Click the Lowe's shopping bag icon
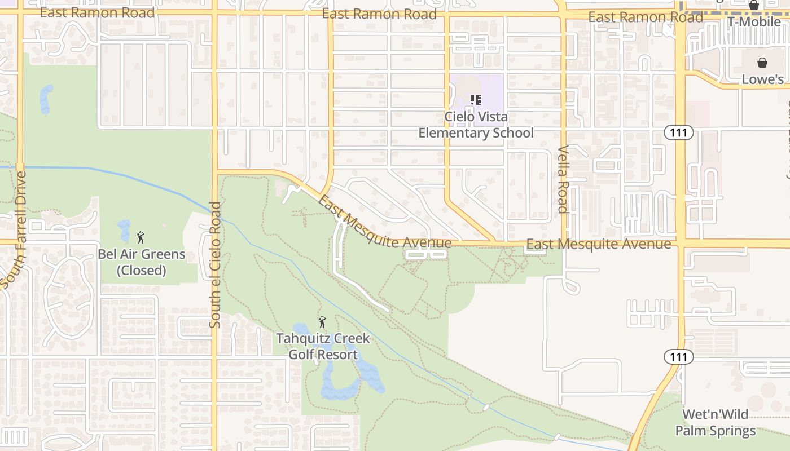(762, 63)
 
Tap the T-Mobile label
(754, 22)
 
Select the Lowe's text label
(762, 79)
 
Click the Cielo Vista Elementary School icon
(476, 100)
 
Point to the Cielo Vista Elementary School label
(476, 125)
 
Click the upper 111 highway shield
(678, 132)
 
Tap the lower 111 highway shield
(678, 356)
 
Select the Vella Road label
(563, 179)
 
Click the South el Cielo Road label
(215, 265)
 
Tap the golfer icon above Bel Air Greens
(141, 237)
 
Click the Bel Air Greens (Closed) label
(141, 262)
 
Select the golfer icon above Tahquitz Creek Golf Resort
(322, 322)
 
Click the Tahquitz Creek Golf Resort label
(323, 346)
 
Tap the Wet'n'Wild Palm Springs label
(715, 423)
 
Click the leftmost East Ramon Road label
(97, 12)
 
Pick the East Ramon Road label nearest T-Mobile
(645, 17)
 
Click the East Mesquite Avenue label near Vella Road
(598, 244)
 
